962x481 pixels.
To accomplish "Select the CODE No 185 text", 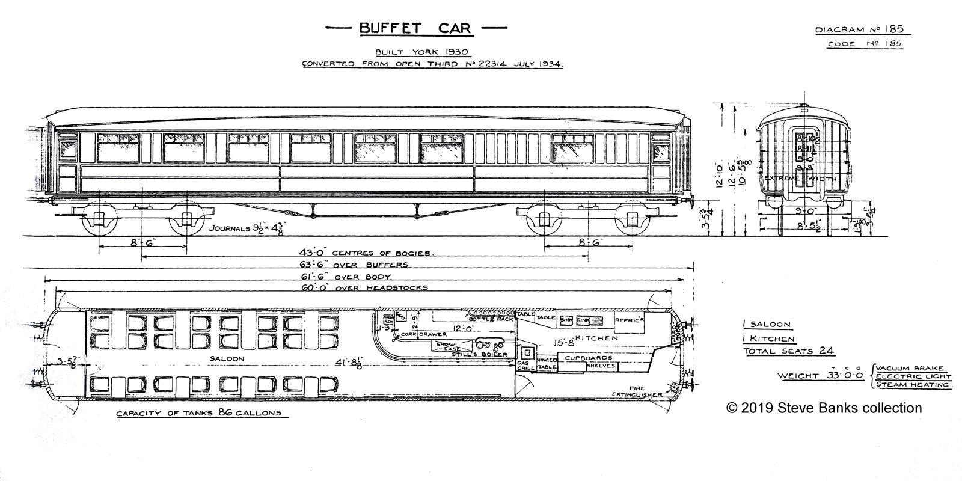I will tap(864, 44).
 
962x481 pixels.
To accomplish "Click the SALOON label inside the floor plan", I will tap(227, 359).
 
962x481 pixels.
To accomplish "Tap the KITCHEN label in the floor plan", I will tap(598, 339).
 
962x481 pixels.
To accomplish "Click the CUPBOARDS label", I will tap(587, 358).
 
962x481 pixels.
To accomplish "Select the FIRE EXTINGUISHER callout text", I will tap(637, 391).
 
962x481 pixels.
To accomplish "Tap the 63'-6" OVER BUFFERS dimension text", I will tap(354, 265).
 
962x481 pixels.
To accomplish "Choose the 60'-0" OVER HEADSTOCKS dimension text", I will tap(364, 288).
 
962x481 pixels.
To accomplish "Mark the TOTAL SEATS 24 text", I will tap(788, 351).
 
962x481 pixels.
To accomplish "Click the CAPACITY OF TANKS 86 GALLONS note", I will tap(198, 414).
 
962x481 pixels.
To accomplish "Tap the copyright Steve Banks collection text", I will tap(824, 408).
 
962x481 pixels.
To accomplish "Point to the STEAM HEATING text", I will tap(912, 384).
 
